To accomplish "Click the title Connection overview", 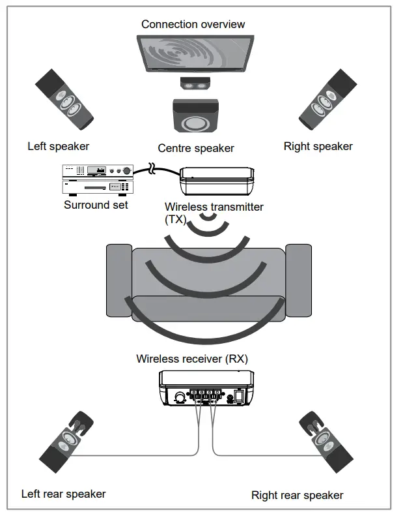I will coord(193,25).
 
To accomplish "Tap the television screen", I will coord(195,54).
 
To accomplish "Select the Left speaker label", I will coord(58,146).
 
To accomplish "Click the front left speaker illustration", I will coord(65,98).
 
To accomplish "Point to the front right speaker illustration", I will coord(325,98).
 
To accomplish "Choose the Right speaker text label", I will coord(318,146).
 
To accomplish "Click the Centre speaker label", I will coord(195,148).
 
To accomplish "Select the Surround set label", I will coord(96,204).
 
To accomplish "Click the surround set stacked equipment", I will coord(97,179).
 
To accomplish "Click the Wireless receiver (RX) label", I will coord(192,359).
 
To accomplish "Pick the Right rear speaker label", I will coord(297,495).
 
